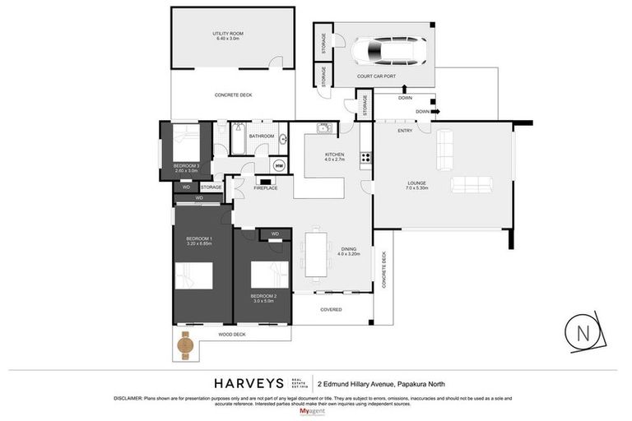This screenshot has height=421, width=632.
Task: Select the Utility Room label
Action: pos(228,36)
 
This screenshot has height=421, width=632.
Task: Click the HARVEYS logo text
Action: pos(249,382)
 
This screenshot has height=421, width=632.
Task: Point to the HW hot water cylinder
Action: pos(279,165)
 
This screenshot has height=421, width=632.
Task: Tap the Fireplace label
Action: pos(265,188)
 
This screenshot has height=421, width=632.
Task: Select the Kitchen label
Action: pos(334,157)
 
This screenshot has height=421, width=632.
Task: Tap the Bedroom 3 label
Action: pos(187,168)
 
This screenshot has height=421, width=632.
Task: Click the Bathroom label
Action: pos(261,136)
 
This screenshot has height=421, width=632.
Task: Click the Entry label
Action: pos(405,131)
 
